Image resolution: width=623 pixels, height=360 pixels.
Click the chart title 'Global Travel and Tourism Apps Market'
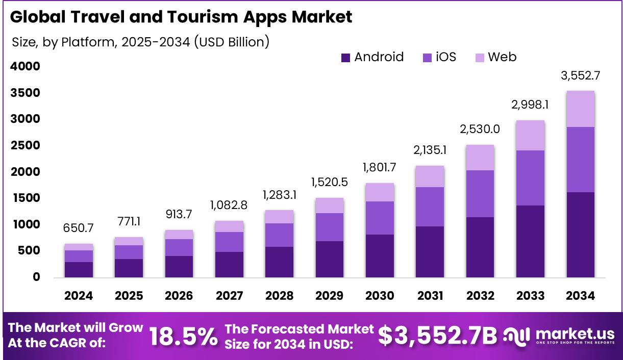tap(181, 17)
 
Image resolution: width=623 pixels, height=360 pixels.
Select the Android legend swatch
tap(346, 58)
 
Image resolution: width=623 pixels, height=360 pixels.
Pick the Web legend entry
tap(495, 57)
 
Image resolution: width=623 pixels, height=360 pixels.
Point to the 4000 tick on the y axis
tap(25, 66)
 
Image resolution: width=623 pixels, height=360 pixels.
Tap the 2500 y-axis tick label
tap(25, 145)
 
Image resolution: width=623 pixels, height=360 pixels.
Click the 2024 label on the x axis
tap(79, 296)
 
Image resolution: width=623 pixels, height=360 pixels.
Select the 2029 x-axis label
tap(329, 296)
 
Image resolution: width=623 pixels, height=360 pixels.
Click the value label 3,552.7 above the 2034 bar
tap(580, 75)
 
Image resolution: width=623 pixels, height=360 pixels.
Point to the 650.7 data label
tap(79, 228)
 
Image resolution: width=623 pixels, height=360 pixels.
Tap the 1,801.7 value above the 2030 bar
tap(379, 167)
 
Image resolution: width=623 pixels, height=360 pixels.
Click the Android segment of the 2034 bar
tap(580, 235)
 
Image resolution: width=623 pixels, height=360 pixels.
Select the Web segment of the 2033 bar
tap(530, 135)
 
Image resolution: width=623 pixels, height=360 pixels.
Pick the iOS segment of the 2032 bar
tap(480, 194)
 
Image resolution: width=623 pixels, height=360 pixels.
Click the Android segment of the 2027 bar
tap(229, 264)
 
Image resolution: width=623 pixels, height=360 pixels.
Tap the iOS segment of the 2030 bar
tap(379, 218)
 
